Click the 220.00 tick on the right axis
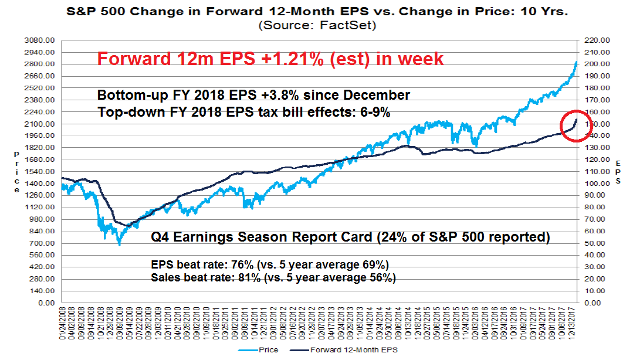coord(594,40)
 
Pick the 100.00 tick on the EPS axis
coord(594,184)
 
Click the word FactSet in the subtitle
coord(356,25)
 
